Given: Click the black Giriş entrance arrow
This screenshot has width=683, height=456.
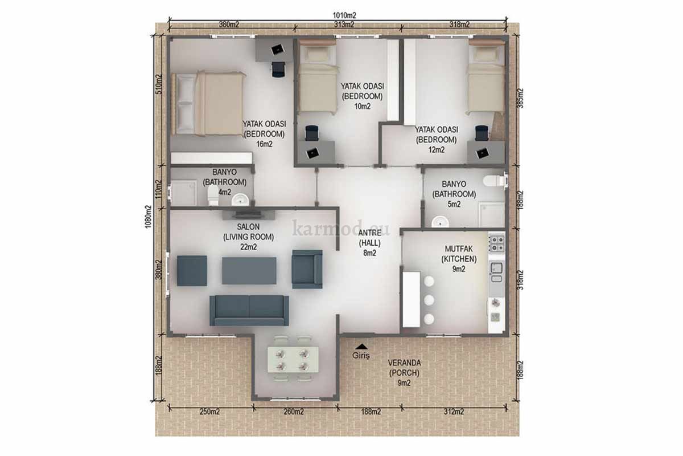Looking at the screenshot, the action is click(x=361, y=346).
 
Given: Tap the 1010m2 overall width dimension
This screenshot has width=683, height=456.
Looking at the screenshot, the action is click(x=344, y=15).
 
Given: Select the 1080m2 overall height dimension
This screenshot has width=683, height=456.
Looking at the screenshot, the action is click(x=148, y=217).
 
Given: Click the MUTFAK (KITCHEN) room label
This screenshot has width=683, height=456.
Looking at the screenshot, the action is click(x=459, y=259).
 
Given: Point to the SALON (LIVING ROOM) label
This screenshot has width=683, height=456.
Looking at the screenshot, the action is click(x=249, y=237).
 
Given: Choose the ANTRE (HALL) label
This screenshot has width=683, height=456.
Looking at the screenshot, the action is click(x=370, y=243).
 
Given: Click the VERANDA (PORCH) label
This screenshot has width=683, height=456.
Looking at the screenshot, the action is click(x=404, y=373).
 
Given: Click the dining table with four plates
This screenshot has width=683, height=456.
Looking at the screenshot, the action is click(x=293, y=360).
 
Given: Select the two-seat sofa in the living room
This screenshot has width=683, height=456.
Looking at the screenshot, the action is click(x=249, y=311).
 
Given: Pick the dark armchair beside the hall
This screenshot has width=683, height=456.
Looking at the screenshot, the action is click(x=307, y=269).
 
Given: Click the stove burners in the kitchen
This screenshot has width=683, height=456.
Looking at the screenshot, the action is click(x=497, y=243).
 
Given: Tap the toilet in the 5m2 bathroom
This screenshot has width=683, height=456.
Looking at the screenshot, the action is click(x=495, y=181).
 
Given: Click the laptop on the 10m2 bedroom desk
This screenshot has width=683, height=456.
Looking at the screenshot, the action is click(x=313, y=152).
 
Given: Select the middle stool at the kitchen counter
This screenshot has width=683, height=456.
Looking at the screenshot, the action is click(x=429, y=300).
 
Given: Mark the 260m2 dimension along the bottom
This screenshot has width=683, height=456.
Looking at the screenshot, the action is click(x=294, y=412).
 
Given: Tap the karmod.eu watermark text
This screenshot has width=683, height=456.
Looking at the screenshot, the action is click(x=341, y=228).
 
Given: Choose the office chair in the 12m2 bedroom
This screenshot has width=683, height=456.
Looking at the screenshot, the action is click(x=482, y=133).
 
